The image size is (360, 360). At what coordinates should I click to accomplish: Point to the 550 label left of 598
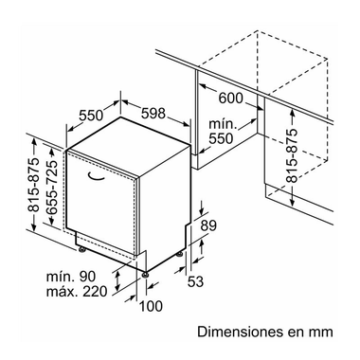pyautogui.click(x=90, y=116)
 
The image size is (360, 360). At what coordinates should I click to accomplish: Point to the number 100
pyautogui.click(x=149, y=305)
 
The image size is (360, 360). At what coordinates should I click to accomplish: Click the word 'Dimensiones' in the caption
pyautogui.click(x=242, y=332)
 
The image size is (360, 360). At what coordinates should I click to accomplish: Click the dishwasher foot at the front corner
pyautogui.click(x=146, y=273)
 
